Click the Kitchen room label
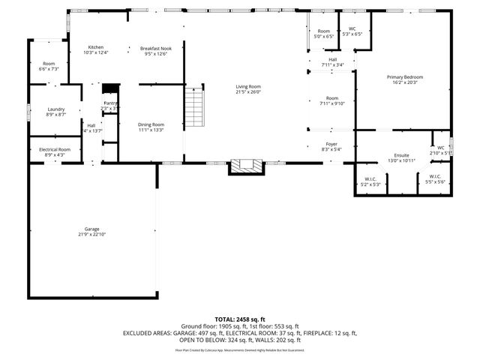coord(95,47)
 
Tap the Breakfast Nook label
coord(153,48)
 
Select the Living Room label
coord(247,87)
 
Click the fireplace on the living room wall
coord(247,166)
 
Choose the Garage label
coord(91,229)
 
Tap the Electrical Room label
coord(55,149)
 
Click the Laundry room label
coord(55,109)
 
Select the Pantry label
coord(110,103)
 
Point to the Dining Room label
coord(150,124)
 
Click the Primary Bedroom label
coord(405,77)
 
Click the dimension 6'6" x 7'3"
coord(49,69)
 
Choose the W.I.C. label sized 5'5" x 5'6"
coord(435,177)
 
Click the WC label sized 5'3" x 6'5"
coord(352,30)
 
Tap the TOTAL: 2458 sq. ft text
coord(240,319)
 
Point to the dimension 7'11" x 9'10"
coord(331,103)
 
